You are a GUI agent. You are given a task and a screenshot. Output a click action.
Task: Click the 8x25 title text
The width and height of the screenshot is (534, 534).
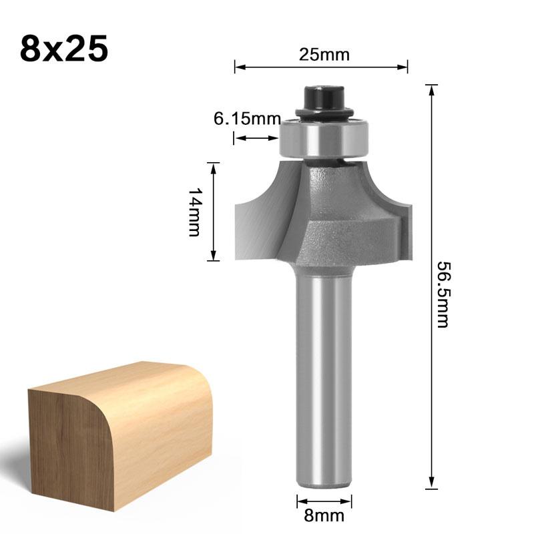tap(64, 48)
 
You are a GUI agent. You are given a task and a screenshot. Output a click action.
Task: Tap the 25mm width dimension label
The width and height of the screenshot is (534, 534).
tap(324, 55)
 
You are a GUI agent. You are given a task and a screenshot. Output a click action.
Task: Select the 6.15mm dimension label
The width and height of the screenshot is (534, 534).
tap(248, 119)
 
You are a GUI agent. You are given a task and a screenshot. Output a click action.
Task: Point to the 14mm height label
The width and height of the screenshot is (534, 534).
tap(195, 212)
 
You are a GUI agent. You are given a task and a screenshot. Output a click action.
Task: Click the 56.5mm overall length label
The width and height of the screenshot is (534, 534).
tap(443, 294)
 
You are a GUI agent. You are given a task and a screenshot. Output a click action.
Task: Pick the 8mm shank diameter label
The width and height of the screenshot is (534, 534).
tap(324, 515)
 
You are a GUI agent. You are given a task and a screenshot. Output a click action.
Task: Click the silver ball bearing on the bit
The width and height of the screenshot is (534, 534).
tap(324, 139)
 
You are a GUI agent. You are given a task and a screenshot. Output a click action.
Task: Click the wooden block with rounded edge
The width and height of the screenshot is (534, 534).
tap(120, 437)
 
